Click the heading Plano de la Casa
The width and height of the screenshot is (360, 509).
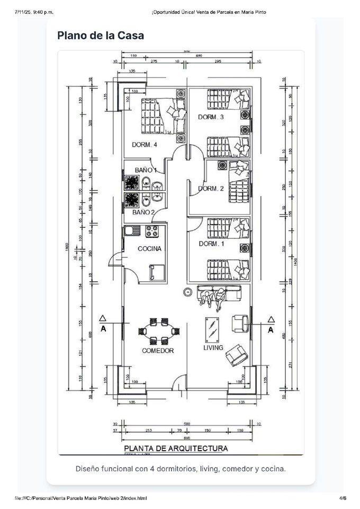[x=101, y=35]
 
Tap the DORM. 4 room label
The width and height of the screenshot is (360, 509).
[x=145, y=144]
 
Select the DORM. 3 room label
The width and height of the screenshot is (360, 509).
[x=211, y=117]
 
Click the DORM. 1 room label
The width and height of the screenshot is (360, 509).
[x=211, y=244]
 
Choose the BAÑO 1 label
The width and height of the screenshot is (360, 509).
[x=146, y=169]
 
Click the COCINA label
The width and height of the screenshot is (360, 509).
[x=149, y=248]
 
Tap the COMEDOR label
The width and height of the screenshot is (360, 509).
[x=158, y=351]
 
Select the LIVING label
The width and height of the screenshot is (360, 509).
[x=213, y=348]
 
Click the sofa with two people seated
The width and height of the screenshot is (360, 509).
[x=218, y=294]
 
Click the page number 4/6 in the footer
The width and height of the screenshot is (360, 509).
[x=343, y=498]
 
